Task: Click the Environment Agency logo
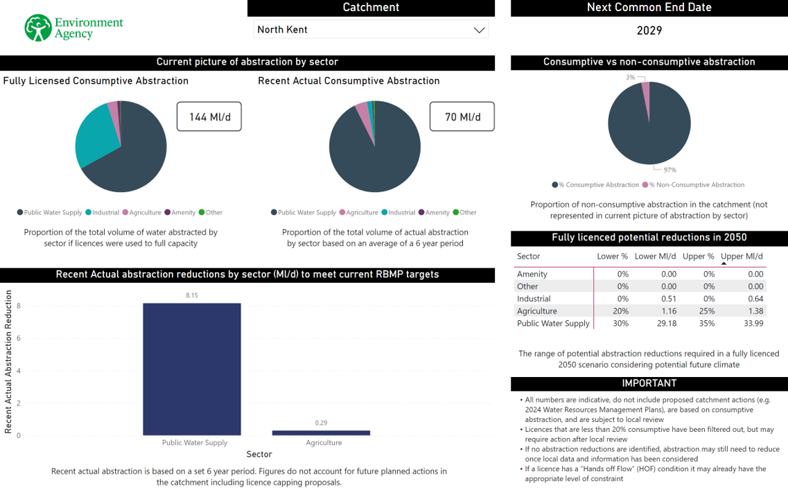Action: click(73, 28)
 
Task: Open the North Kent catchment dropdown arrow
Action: click(479, 30)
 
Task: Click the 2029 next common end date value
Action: click(649, 30)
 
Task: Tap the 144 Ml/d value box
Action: click(209, 117)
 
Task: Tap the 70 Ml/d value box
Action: click(462, 117)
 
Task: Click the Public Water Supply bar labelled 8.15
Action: click(191, 368)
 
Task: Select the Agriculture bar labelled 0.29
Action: click(320, 432)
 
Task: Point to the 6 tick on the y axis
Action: click(19, 338)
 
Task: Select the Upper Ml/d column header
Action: click(742, 256)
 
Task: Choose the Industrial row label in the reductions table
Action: click(534, 299)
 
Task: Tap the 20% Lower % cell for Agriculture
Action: click(620, 311)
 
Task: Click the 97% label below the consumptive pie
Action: click(669, 170)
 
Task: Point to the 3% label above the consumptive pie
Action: click(630, 78)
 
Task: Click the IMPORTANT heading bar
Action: click(649, 383)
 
